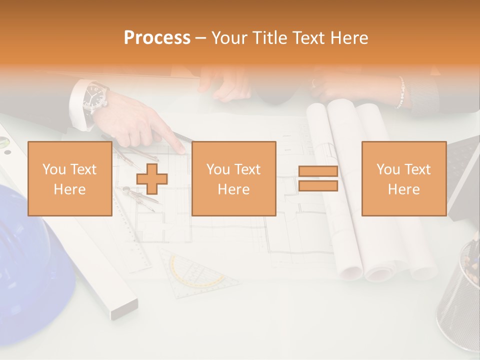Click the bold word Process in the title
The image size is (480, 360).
point(157,38)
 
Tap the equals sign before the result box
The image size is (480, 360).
point(318,179)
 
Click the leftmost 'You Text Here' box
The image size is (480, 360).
point(69,179)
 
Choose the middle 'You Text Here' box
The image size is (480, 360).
point(233,179)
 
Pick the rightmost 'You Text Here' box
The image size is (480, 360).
point(403,179)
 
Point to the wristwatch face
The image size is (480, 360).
point(95,95)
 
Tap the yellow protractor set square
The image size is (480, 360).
point(197,272)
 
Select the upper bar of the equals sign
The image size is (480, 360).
point(318,171)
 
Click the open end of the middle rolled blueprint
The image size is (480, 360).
point(378,273)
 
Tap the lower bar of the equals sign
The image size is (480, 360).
point(318,186)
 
